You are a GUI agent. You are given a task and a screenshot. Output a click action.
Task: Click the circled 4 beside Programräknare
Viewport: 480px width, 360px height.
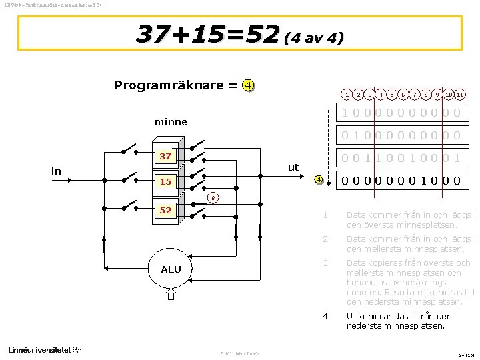click(248, 85)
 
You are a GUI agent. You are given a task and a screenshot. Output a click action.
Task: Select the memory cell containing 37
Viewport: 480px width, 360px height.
click(165, 157)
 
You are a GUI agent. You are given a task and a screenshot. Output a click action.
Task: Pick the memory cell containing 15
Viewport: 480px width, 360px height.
click(165, 181)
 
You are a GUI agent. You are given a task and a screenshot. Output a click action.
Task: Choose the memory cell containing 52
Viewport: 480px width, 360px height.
click(165, 210)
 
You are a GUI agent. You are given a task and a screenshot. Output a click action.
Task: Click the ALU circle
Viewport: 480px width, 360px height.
click(171, 269)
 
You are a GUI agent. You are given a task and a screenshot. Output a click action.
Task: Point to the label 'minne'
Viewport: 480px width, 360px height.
click(171, 122)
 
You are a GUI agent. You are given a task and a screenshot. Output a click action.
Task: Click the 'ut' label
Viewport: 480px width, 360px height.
click(293, 167)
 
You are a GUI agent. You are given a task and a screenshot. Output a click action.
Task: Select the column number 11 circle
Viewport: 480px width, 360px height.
click(461, 95)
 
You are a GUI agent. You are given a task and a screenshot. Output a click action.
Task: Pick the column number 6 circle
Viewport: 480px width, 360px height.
click(403, 95)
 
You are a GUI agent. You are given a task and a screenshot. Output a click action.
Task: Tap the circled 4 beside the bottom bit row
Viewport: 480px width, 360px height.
click(319, 179)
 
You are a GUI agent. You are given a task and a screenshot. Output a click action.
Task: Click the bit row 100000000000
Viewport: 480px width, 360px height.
click(401, 113)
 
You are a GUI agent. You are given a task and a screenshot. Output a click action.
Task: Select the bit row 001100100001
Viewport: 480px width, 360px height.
click(401, 157)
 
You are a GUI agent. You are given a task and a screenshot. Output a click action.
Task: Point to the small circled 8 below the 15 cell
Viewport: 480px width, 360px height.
click(211, 197)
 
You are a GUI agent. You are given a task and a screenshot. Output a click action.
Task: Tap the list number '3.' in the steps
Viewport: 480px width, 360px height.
click(327, 263)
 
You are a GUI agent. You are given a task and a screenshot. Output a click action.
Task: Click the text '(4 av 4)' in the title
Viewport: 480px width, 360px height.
click(313, 38)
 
